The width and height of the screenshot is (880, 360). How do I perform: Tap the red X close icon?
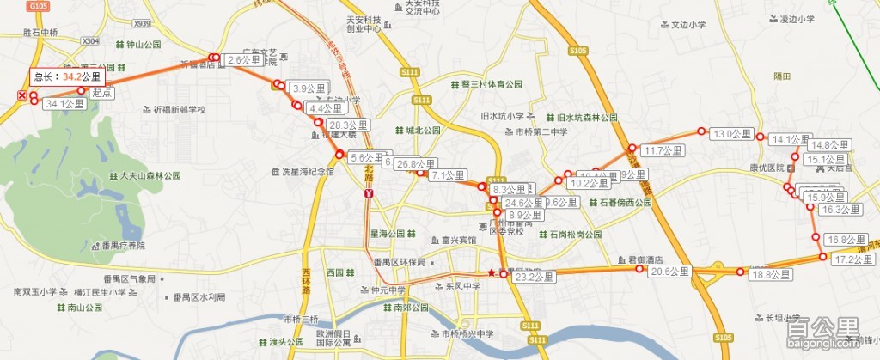pyautogui.click(x=21, y=95)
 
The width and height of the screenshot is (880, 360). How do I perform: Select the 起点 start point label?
pyautogui.click(x=103, y=91)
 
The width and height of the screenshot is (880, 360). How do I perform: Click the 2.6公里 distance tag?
pyautogui.click(x=245, y=60)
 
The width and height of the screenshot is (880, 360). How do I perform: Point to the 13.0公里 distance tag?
pyautogui.click(x=733, y=134)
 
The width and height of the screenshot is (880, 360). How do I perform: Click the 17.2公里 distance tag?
pyautogui.click(x=849, y=259)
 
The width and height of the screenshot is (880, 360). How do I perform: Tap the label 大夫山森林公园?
pyautogui.click(x=145, y=175)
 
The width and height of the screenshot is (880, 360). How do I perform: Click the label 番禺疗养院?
pyautogui.click(x=124, y=246)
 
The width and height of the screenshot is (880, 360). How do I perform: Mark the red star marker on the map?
pyautogui.click(x=492, y=273)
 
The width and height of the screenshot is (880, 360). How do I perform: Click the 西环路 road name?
pyautogui.click(x=306, y=284)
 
